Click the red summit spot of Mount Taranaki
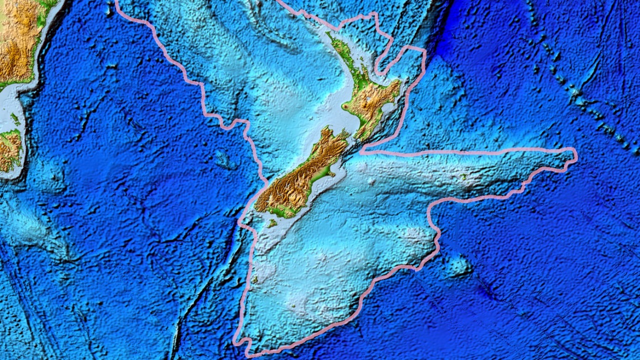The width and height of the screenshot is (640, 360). pyautogui.click(x=345, y=106)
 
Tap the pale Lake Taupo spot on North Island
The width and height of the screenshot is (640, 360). pyautogui.click(x=369, y=100)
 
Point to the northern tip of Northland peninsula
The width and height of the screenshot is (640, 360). pyautogui.click(x=328, y=34)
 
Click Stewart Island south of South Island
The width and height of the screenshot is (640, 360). pyautogui.click(x=272, y=223)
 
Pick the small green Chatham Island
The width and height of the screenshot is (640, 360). pyautogui.click(x=463, y=176)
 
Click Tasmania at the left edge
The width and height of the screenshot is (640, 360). pyautogui.click(x=10, y=147)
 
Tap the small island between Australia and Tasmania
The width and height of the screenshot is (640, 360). pyautogui.click(x=15, y=119)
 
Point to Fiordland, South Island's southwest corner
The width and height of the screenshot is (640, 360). pyautogui.click(x=262, y=202)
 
